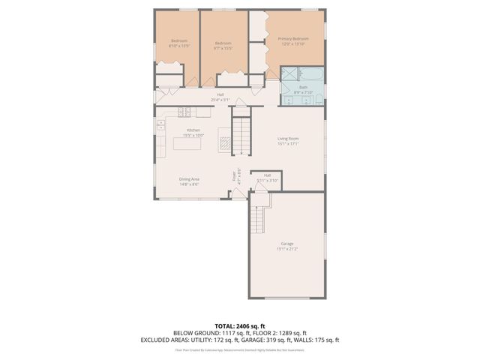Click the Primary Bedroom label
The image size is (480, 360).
click(293, 38)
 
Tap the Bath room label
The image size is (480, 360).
click(303, 87)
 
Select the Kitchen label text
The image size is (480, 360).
click(193, 130)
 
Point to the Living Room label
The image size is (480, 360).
click(288, 139)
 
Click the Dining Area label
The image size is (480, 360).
click(189, 178)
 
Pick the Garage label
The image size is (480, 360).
click(286, 244)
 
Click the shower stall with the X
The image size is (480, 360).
click(289, 73)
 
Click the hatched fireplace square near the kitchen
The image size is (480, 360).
click(223, 139)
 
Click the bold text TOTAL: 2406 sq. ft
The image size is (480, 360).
click(239, 326)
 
